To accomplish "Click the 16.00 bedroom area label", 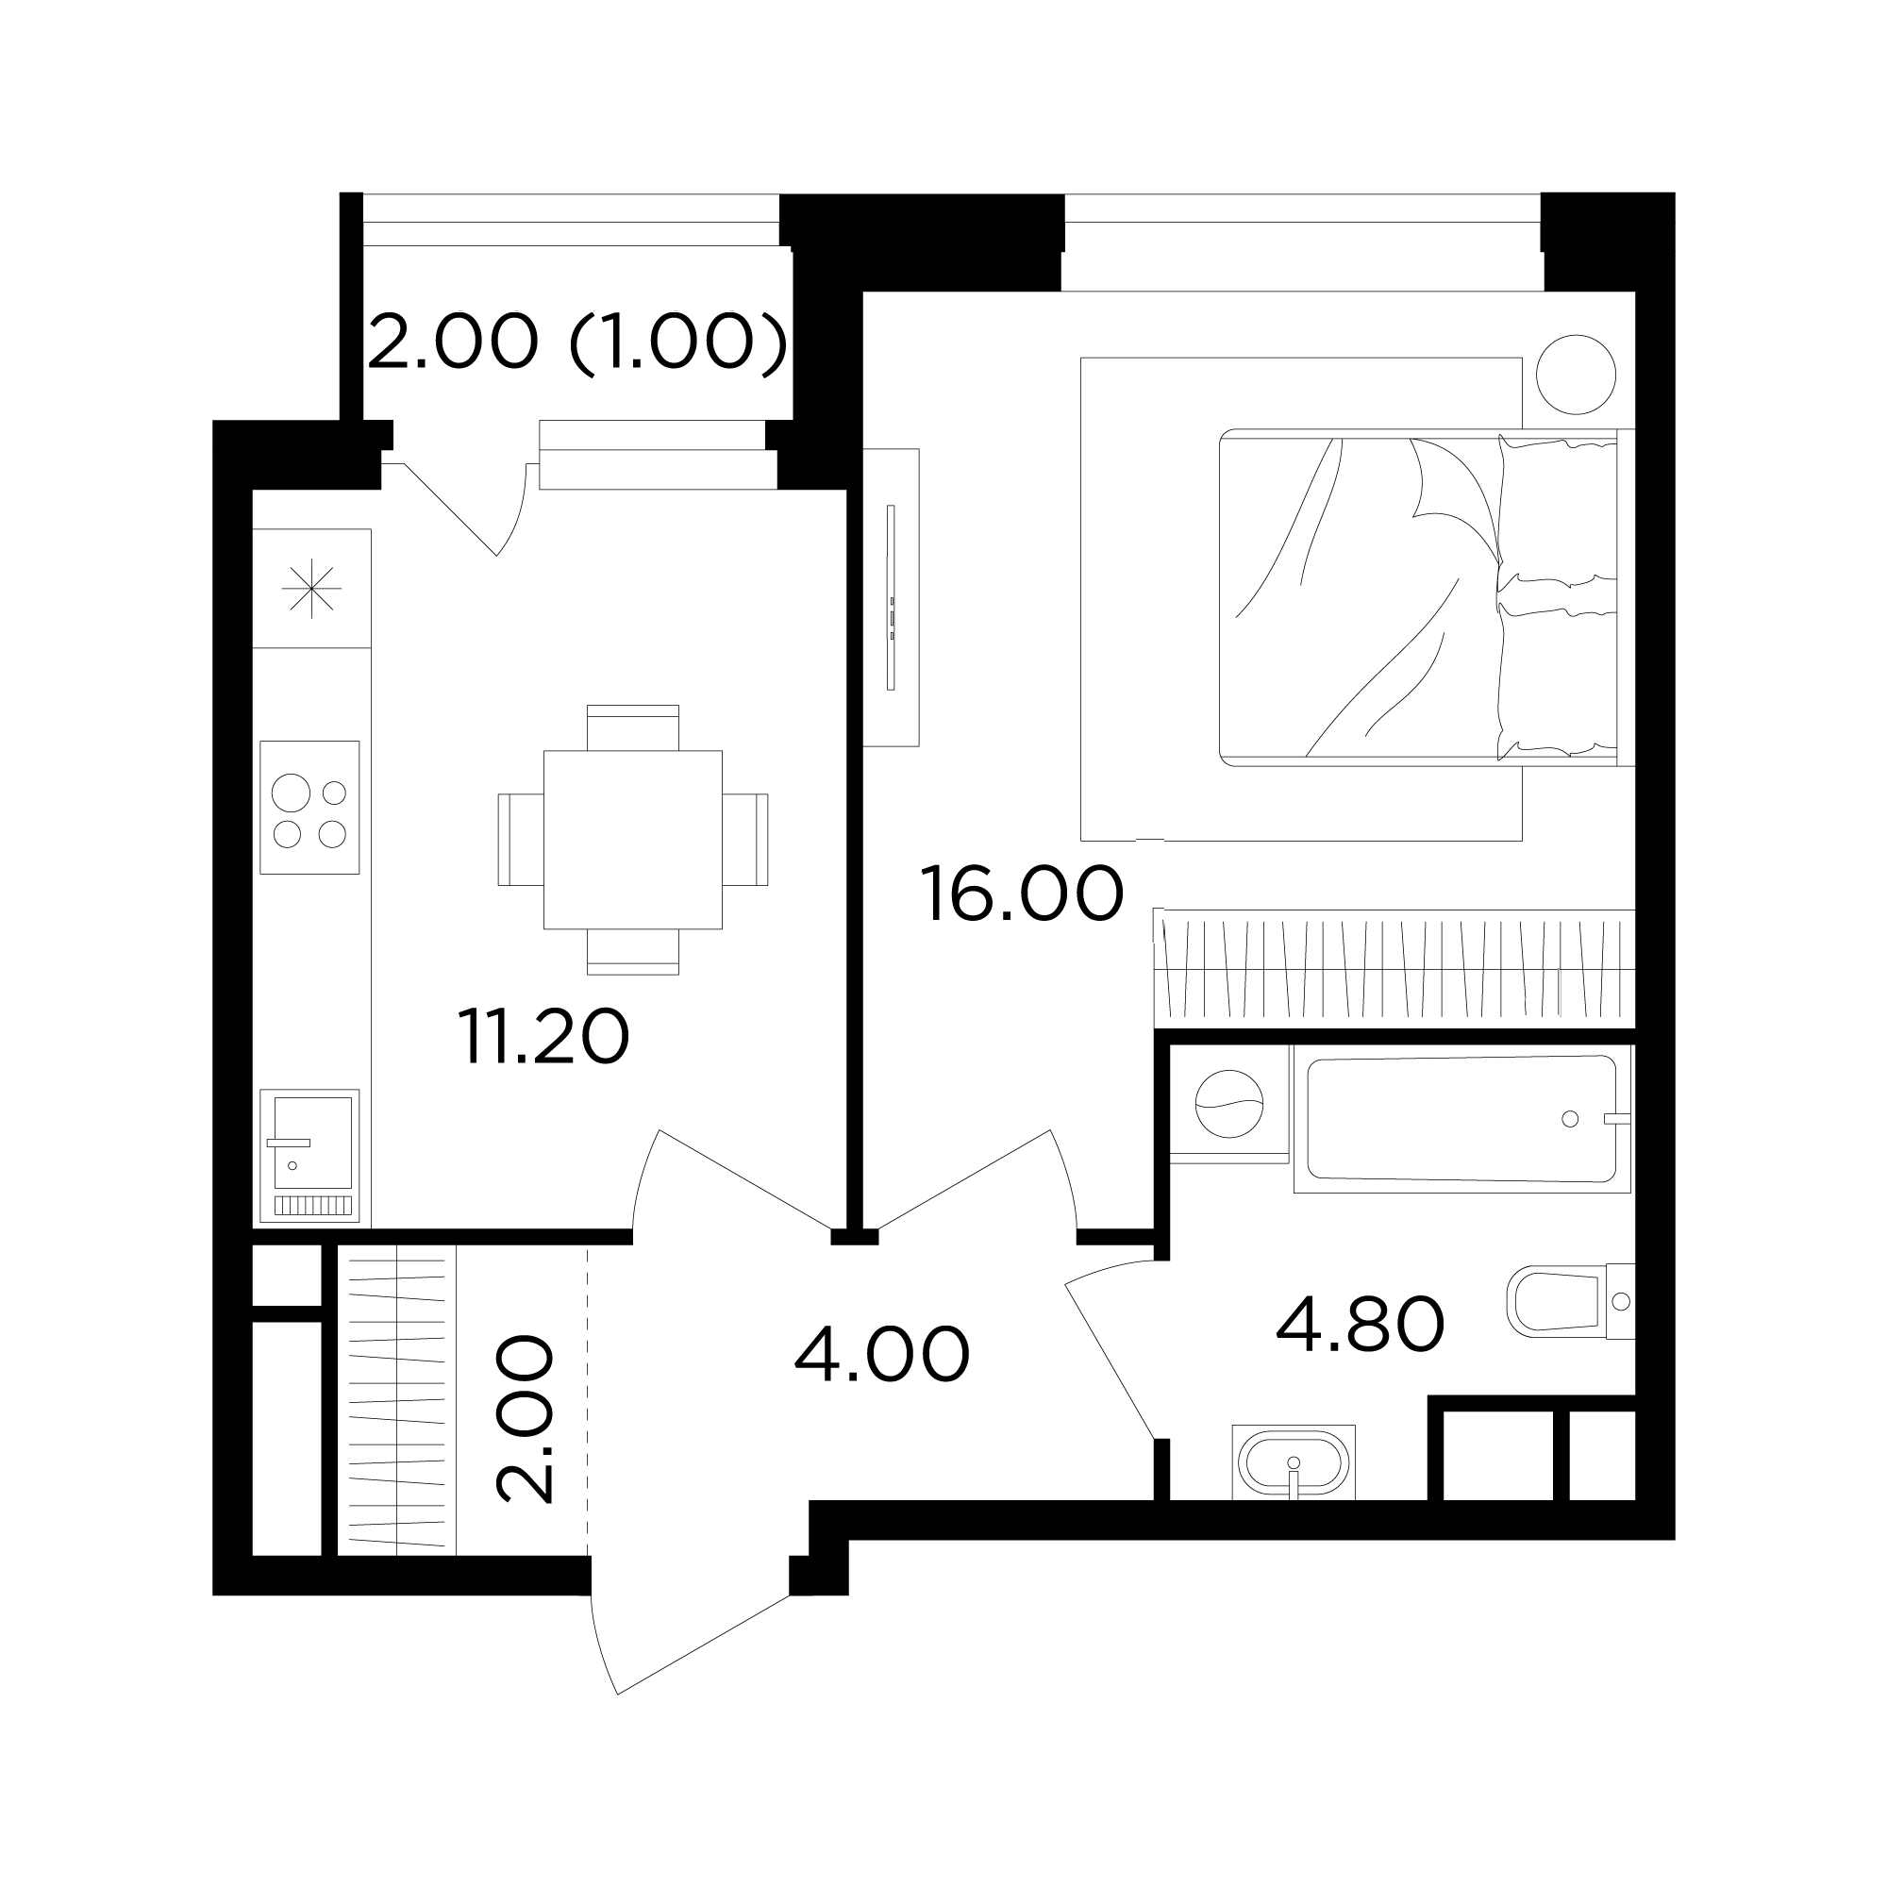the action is click(1022, 893).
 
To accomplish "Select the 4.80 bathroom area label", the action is click(1360, 1324).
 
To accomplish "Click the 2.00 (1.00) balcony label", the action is click(577, 342).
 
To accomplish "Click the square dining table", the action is click(633, 840).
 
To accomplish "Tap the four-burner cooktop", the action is click(309, 808).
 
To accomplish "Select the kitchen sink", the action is click(309, 1156).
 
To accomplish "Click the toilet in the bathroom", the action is click(1571, 1301).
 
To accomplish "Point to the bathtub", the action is click(1462, 1118).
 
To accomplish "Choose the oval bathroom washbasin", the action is click(1294, 1462).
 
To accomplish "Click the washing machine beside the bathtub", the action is click(1228, 1104).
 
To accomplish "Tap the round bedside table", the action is click(1576, 374).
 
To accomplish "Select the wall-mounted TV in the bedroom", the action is click(891, 598).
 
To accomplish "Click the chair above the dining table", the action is click(633, 726).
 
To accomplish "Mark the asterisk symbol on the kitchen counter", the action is click(311, 588).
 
